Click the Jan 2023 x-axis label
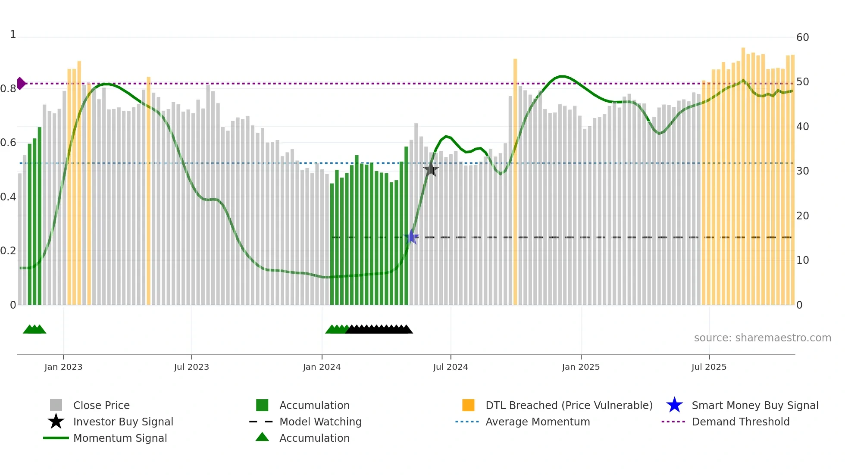[x=63, y=367]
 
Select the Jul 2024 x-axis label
[x=451, y=367]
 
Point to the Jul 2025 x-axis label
[x=709, y=367]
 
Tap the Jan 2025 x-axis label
[x=581, y=367]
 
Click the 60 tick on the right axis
[x=802, y=37]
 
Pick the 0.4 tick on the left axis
[x=8, y=197]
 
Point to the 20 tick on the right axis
[x=802, y=216]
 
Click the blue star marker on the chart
[x=412, y=237]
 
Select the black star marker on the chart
[x=431, y=169]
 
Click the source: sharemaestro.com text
[x=762, y=338]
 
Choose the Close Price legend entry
[x=101, y=405]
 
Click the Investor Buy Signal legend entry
[x=123, y=422]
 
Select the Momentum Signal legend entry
[x=120, y=438]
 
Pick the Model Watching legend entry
[x=320, y=422]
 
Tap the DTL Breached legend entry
[x=569, y=405]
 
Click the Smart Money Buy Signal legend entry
[x=754, y=405]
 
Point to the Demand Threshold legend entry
[x=740, y=422]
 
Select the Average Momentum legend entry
[x=537, y=422]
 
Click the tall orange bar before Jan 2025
[x=515, y=181]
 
